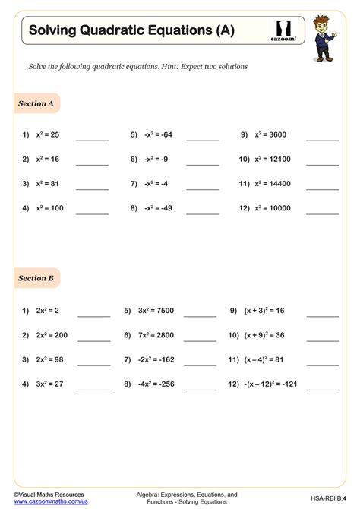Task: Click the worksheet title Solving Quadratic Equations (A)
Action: (x=131, y=30)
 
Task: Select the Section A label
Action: (x=36, y=103)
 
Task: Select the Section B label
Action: (x=36, y=278)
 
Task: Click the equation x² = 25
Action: (x=47, y=134)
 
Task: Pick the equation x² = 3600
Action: (x=271, y=134)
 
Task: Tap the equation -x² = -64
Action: (x=157, y=134)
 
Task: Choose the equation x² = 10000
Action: (x=273, y=208)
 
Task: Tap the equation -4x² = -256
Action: (x=159, y=384)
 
